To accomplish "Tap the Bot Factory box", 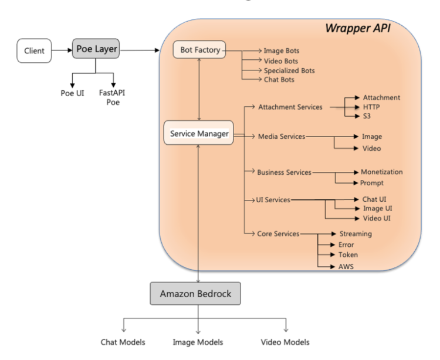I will pos(199,50).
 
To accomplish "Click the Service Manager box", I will pos(199,133).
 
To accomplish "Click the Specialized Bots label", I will pos(289,70).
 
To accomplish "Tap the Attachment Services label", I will pos(290,107).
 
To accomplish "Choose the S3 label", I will pos(367,117).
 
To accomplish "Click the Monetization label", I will pos(382,172).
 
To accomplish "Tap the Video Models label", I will pos(285,342).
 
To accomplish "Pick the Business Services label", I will pos(284,172).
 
